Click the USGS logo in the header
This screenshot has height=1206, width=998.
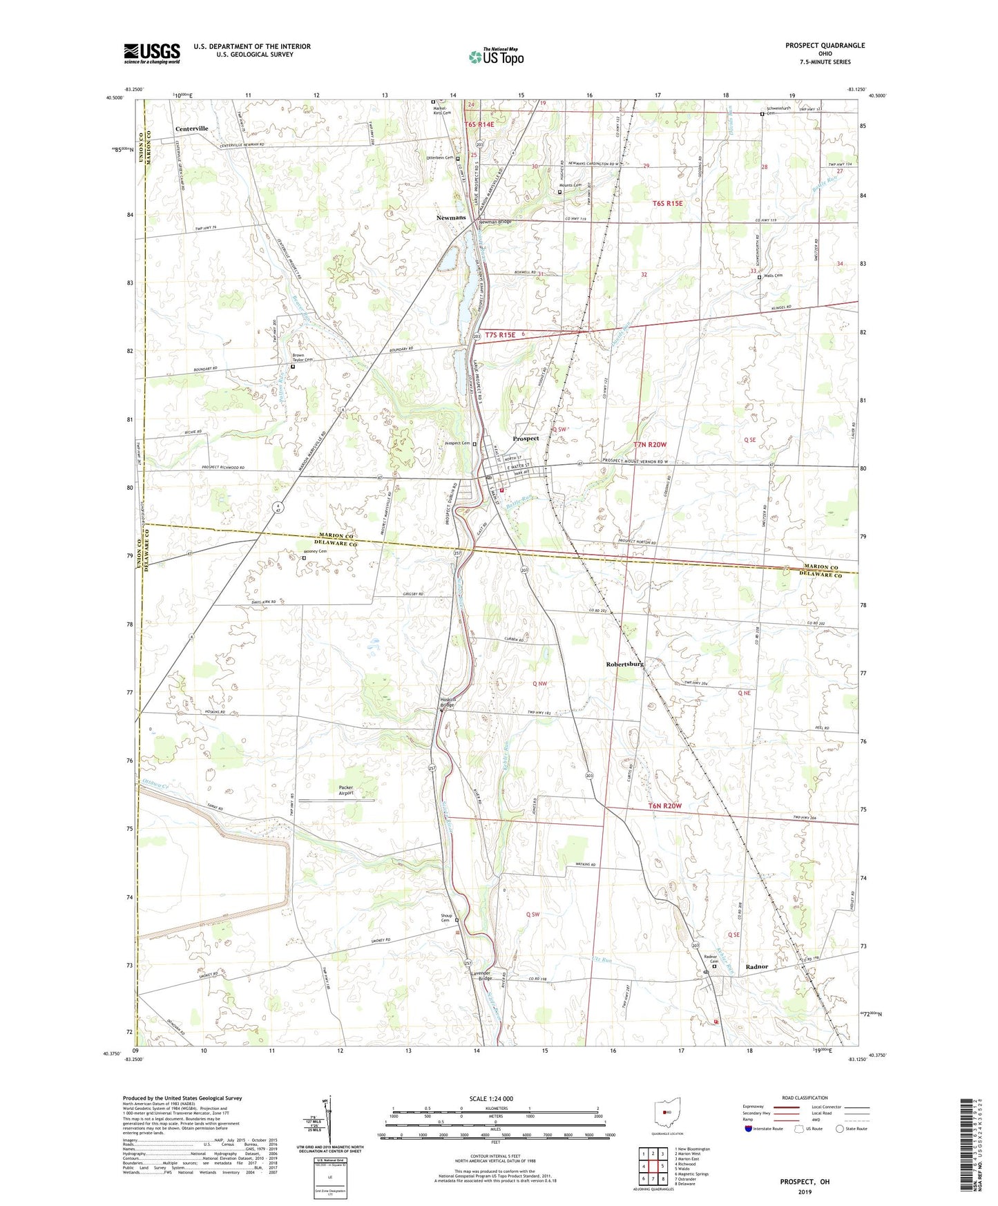point(152,53)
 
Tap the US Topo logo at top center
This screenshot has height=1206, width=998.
point(495,57)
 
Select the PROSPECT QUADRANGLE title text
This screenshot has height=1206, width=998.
point(825,46)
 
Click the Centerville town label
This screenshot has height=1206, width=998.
point(191,129)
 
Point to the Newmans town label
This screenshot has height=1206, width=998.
point(451,218)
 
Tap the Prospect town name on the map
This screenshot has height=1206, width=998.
point(526,439)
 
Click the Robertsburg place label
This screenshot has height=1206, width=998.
point(624,664)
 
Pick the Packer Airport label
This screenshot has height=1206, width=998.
point(346,790)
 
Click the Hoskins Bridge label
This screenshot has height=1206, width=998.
point(448,702)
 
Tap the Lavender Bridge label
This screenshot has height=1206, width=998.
point(481,975)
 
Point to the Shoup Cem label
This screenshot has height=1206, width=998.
point(446,918)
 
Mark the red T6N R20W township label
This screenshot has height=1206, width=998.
point(664,806)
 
